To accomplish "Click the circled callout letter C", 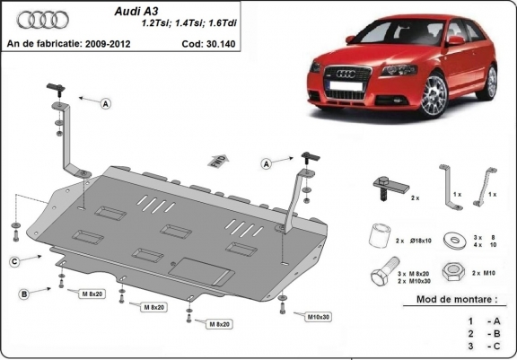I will tap(15, 261).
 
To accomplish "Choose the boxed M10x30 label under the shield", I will tap(315, 317).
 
